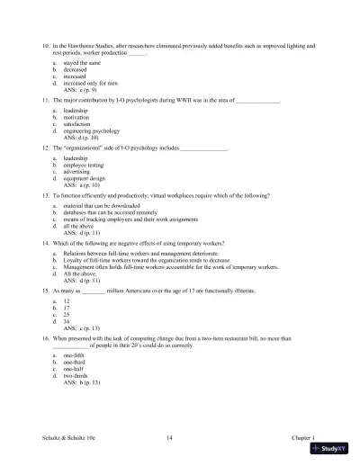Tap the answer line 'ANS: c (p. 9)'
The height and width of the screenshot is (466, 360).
(x=83, y=91)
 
